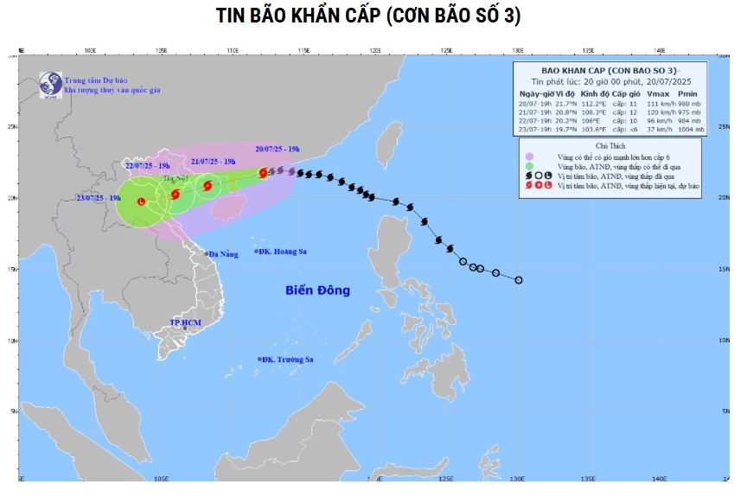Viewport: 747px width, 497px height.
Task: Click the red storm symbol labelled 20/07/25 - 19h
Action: pyautogui.click(x=264, y=173)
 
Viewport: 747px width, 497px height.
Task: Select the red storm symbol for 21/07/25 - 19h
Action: pyautogui.click(x=207, y=184)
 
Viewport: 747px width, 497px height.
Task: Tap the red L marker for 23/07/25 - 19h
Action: pyautogui.click(x=142, y=201)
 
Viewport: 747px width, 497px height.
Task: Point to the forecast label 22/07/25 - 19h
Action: pyautogui.click(x=148, y=165)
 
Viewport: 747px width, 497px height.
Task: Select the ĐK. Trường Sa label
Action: pyautogui.click(x=287, y=359)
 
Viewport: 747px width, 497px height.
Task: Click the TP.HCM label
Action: pyautogui.click(x=185, y=322)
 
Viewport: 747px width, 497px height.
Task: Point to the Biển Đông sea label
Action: pyautogui.click(x=317, y=290)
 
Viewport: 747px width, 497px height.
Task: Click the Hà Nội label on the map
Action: pyautogui.click(x=176, y=180)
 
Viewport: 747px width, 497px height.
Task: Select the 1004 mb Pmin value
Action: pyautogui.click(x=689, y=130)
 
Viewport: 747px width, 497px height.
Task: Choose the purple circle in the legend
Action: pyautogui.click(x=528, y=156)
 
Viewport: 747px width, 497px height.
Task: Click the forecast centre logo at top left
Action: pyautogui.click(x=50, y=83)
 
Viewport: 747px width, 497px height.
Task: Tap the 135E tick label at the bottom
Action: pyautogui.click(x=588, y=477)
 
